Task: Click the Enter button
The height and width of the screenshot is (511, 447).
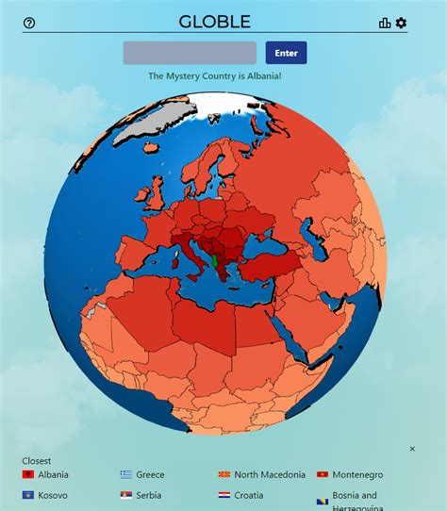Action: pos(286,53)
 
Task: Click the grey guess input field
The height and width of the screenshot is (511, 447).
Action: pos(190,53)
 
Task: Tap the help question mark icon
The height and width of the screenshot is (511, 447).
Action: pos(29,24)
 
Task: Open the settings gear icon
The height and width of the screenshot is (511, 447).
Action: pos(402,24)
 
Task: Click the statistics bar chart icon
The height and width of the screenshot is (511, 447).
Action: pos(385,24)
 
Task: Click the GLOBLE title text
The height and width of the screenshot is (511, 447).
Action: pos(215,22)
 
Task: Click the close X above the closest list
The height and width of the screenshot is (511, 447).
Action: pos(412,449)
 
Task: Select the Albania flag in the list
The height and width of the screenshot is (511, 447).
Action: pos(28,475)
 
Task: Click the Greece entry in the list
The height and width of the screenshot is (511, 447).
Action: pos(149,475)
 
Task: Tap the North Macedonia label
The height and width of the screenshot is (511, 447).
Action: pos(269,475)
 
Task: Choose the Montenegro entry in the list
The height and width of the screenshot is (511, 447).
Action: pos(357,475)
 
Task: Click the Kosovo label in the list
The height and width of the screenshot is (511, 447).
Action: pos(53,495)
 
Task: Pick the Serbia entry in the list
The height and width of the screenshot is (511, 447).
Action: pos(148,495)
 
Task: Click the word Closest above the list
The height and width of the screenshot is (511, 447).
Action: pos(37,461)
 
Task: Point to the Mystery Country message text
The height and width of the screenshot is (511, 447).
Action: pos(215,76)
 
